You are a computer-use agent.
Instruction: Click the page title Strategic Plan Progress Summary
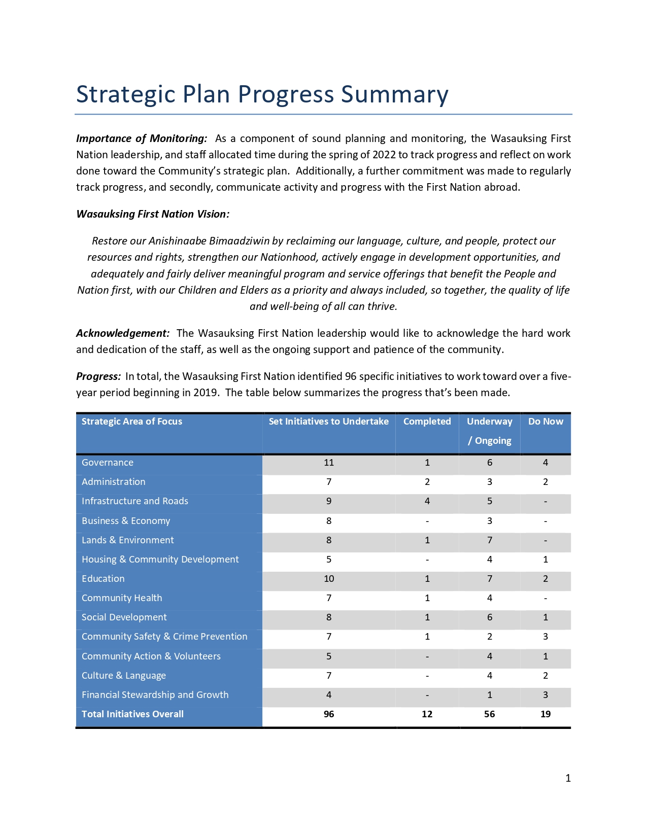[262, 94]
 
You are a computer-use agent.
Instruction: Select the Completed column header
[427, 422]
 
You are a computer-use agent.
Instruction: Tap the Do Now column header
[546, 422]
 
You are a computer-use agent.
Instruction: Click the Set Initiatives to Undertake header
[328, 422]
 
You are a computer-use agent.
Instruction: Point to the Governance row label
[108, 463]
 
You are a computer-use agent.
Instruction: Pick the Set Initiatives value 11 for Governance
[329, 463]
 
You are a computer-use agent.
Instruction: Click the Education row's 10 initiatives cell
[329, 579]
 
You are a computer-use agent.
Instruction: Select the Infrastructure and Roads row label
[135, 501]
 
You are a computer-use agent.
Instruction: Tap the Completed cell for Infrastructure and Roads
[427, 501]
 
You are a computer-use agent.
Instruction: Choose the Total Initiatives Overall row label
[132, 714]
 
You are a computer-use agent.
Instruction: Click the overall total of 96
[329, 714]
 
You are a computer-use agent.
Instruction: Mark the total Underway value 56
[489, 714]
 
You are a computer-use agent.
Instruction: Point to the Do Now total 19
[546, 714]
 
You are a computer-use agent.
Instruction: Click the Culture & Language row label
[124, 676]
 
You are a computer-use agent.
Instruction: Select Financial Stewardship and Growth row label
[155, 695]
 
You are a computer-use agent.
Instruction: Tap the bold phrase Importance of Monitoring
[142, 138]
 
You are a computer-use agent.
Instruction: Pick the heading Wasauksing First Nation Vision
[153, 214]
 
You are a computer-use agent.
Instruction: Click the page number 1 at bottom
[568, 778]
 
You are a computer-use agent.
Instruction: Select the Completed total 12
[427, 714]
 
